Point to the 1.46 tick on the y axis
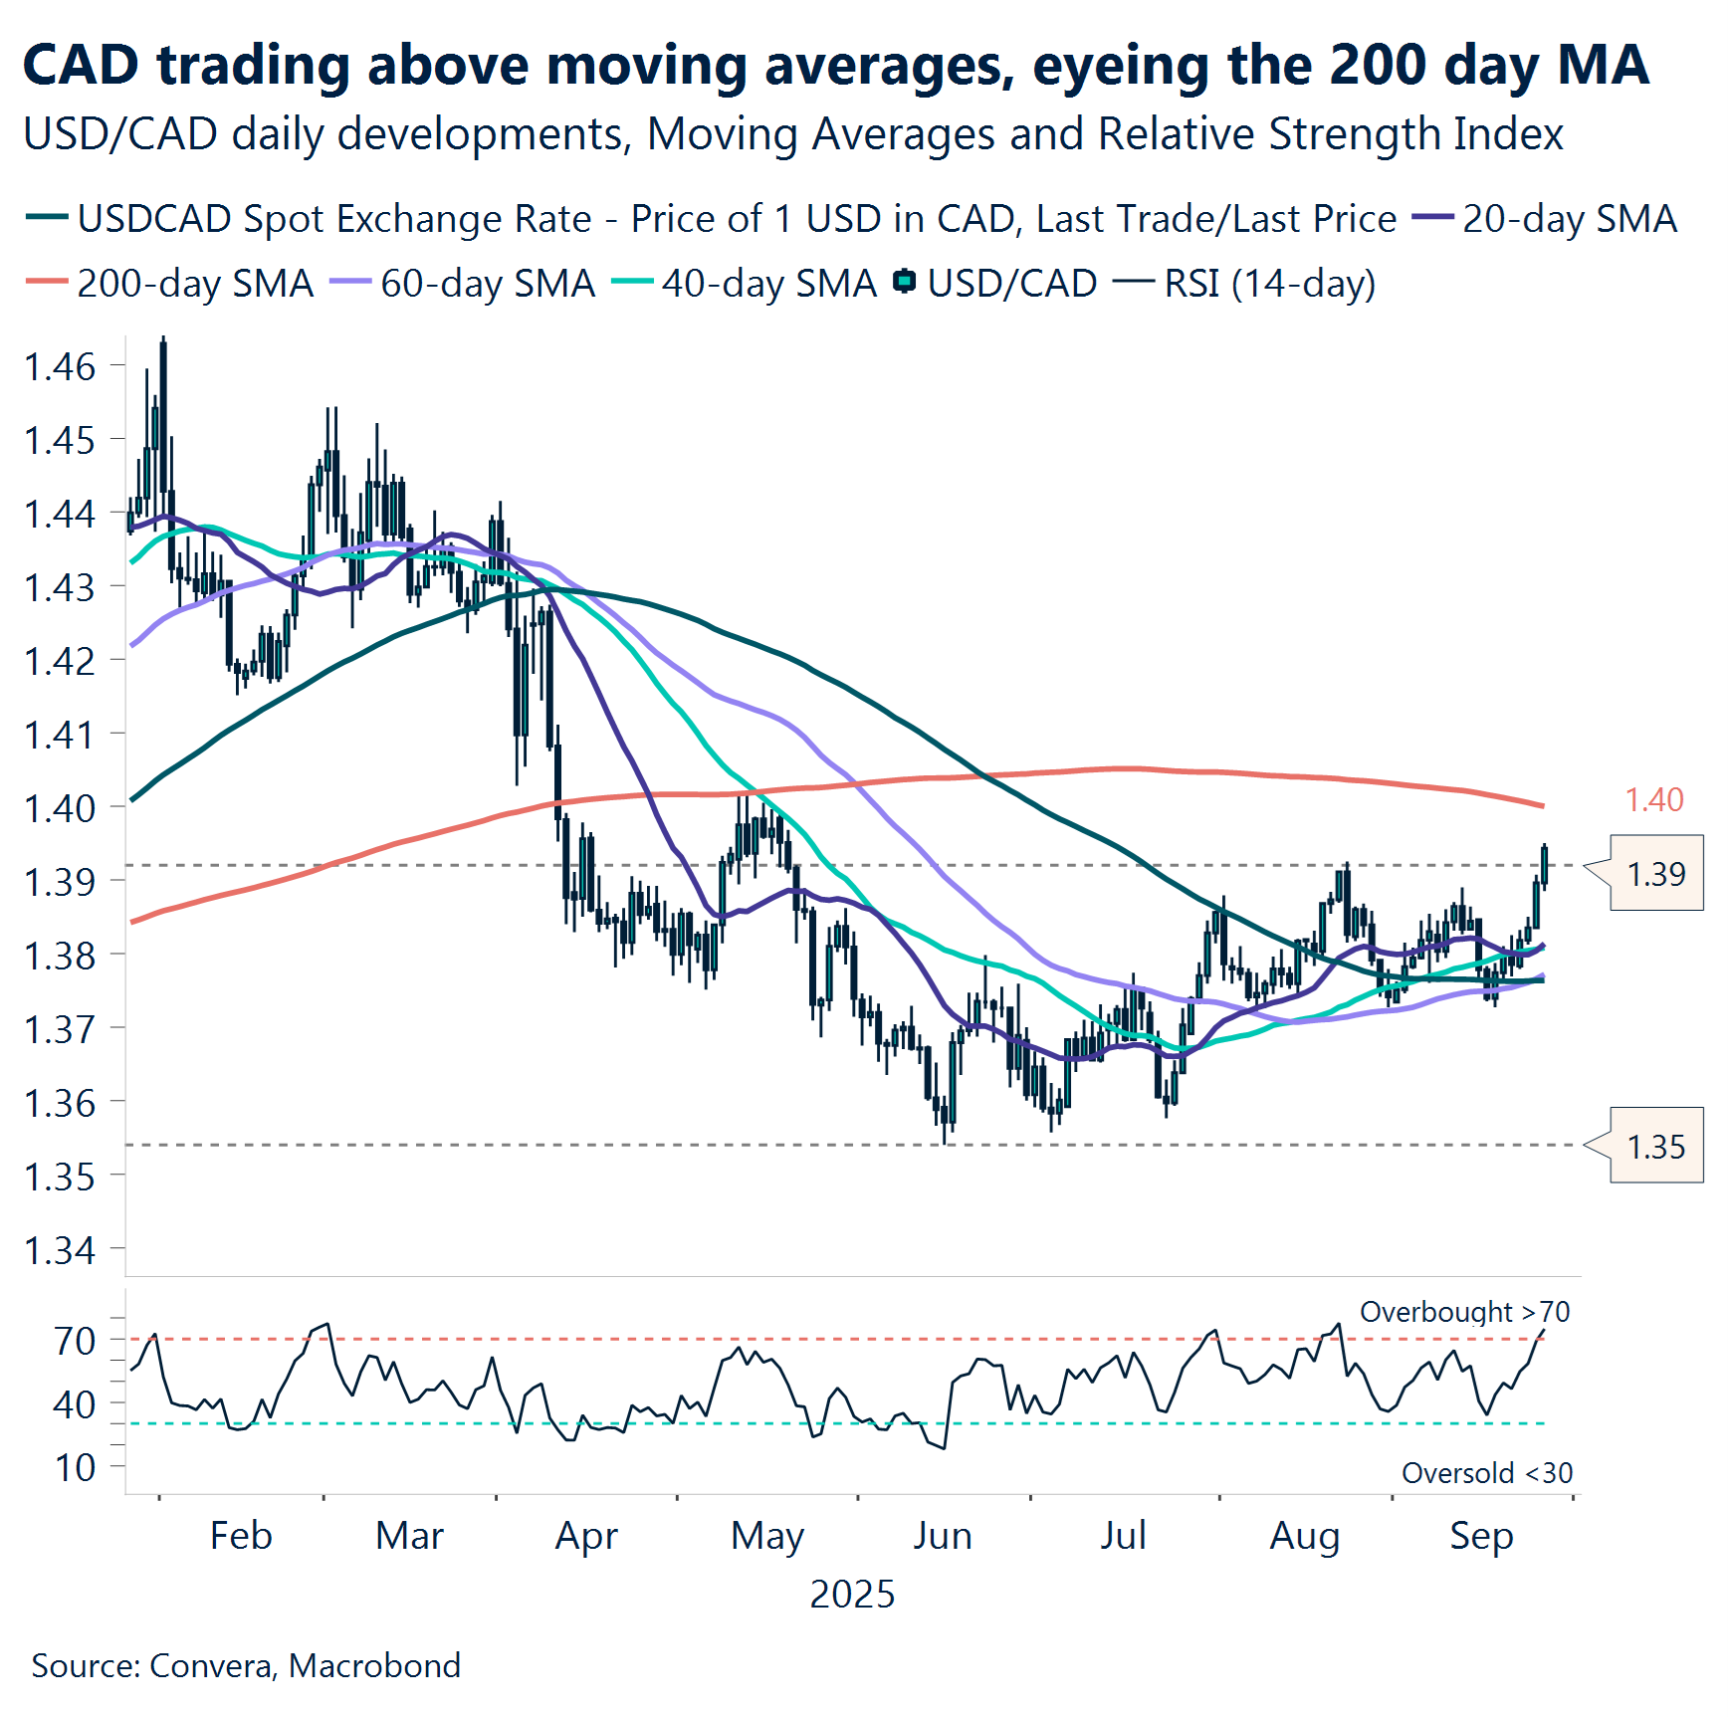pyautogui.click(x=60, y=366)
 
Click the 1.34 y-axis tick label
pyautogui.click(x=60, y=1250)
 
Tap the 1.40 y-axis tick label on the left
pyautogui.click(x=60, y=808)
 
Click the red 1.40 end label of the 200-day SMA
pyautogui.click(x=1653, y=799)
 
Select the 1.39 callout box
pyautogui.click(x=1655, y=874)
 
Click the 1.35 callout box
pyautogui.click(x=1655, y=1147)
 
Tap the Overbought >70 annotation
pyautogui.click(x=1464, y=1312)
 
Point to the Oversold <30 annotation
pyautogui.click(x=1487, y=1473)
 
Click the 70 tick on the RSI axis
pyautogui.click(x=76, y=1341)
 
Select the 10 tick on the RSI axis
pyautogui.click(x=76, y=1467)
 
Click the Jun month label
pyautogui.click(x=942, y=1536)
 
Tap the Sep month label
pyautogui.click(x=1481, y=1536)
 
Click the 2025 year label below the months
pyautogui.click(x=852, y=1595)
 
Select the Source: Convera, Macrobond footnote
pyautogui.click(x=246, y=1666)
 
